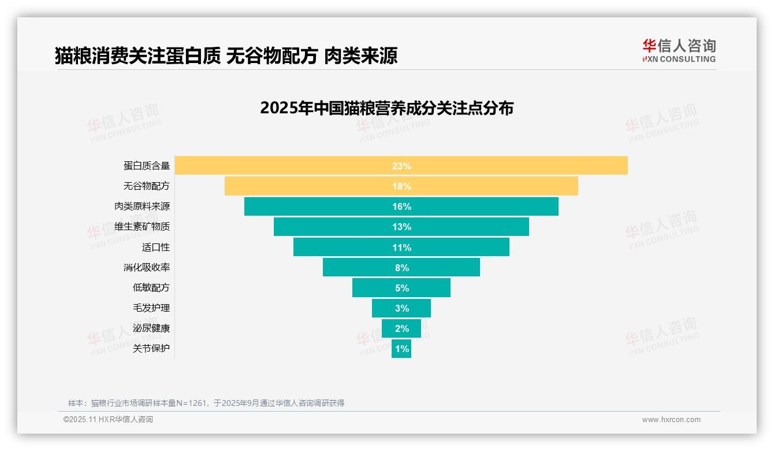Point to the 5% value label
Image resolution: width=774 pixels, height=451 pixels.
pyautogui.click(x=401, y=288)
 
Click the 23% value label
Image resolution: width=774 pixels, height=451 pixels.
pyautogui.click(x=401, y=166)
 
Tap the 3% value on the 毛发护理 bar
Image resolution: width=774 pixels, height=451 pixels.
pyautogui.click(x=401, y=308)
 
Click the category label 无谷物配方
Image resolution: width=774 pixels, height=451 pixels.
pyautogui.click(x=147, y=186)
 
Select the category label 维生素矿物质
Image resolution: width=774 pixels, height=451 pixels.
pyautogui.click(x=142, y=227)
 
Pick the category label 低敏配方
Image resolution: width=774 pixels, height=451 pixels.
pyautogui.click(x=151, y=287)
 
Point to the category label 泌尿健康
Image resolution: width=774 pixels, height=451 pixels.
pyautogui.click(x=151, y=328)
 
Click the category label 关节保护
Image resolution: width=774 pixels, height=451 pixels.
pyautogui.click(x=151, y=349)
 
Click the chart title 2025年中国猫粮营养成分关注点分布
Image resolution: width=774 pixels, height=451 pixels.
pyautogui.click(x=386, y=108)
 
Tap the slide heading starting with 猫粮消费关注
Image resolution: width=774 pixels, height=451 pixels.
pyautogui.click(x=226, y=56)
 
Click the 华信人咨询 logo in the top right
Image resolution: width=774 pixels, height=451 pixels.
pyautogui.click(x=679, y=51)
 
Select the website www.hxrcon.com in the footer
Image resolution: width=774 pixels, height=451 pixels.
pyautogui.click(x=671, y=420)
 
